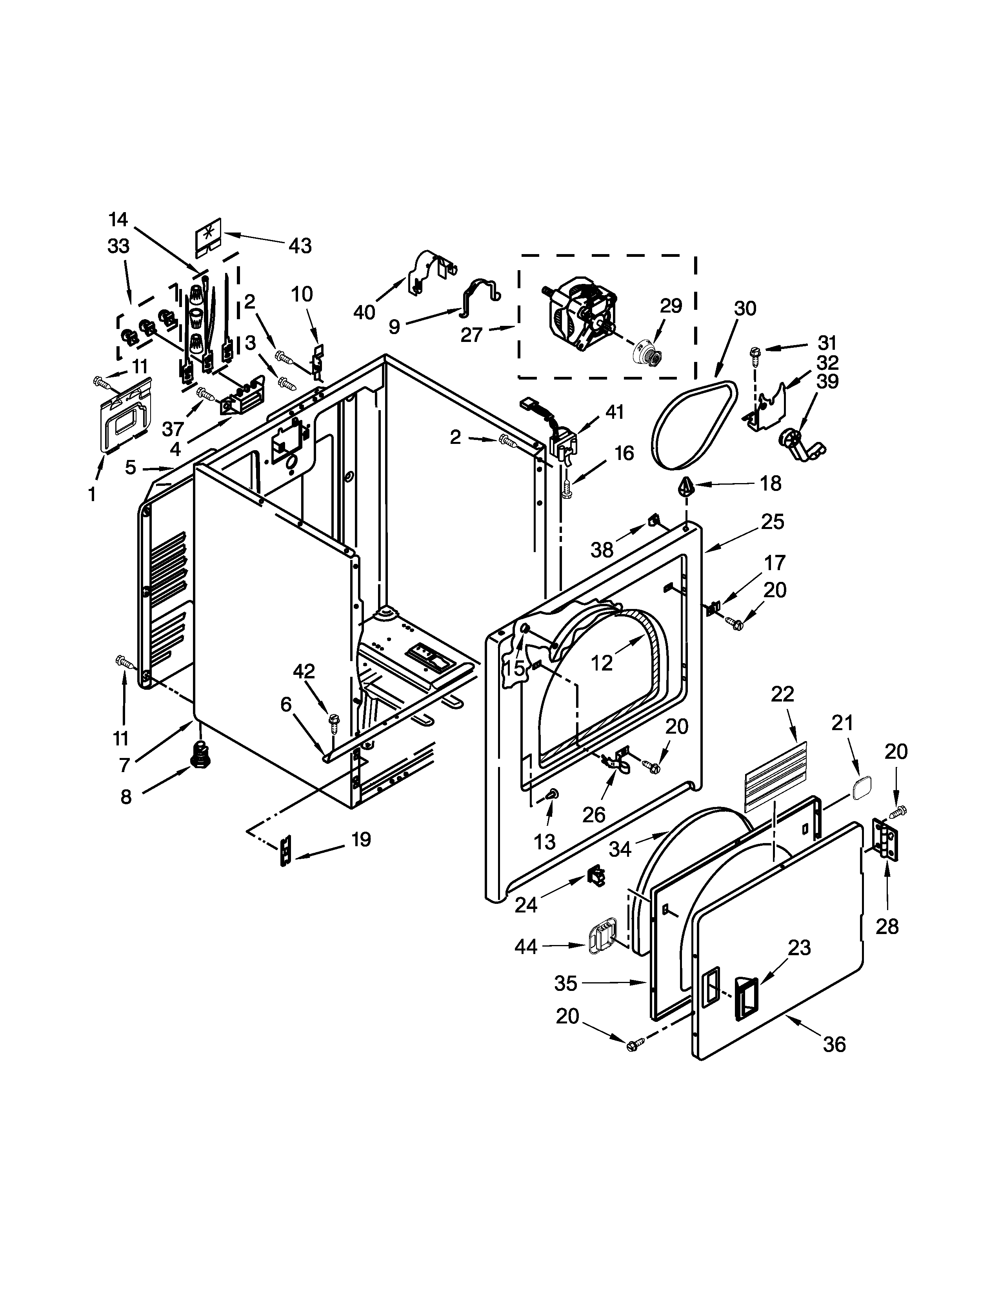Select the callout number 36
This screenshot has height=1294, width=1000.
click(x=834, y=1061)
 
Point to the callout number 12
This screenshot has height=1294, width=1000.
click(x=601, y=663)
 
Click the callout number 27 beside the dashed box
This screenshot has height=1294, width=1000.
click(x=472, y=335)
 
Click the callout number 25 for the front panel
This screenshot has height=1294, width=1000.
click(x=773, y=522)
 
